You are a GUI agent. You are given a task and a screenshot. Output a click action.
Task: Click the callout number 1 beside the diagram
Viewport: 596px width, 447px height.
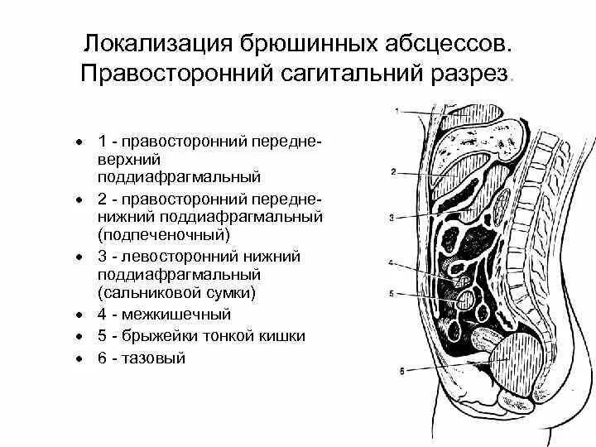[x=397, y=110]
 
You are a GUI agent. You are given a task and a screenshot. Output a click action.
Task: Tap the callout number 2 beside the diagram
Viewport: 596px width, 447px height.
[x=395, y=172]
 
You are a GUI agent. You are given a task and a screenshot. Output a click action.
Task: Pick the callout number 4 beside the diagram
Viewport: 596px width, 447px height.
[x=392, y=264]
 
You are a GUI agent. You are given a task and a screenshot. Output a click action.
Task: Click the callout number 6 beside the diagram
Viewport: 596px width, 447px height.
[x=401, y=372]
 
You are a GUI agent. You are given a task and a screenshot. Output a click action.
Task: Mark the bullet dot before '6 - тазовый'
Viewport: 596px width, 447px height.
[x=77, y=358]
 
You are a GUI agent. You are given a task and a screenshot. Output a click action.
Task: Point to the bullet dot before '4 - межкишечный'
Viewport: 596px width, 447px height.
[x=77, y=315]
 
